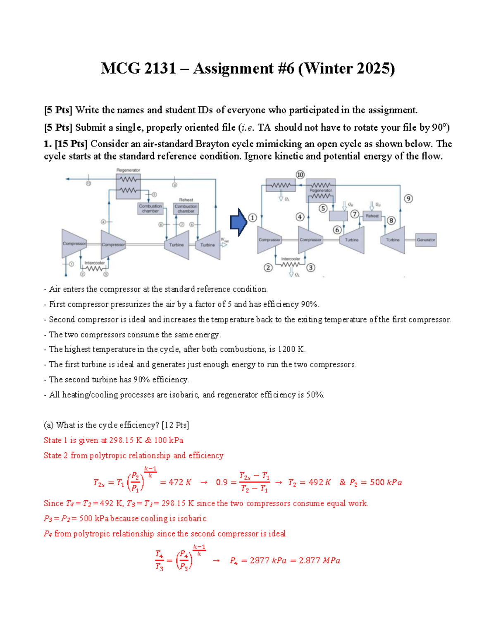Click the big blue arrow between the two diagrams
tap(238, 222)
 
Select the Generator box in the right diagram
tap(426, 240)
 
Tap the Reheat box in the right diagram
tap(372, 216)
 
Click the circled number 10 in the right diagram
tap(300, 175)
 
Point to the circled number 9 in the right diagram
tap(408, 198)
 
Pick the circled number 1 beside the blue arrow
tap(253, 218)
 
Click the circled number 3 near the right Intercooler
tap(310, 267)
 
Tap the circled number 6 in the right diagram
tap(337, 230)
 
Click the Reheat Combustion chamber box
tap(186, 208)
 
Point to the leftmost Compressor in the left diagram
tap(74, 243)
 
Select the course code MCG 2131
tap(138, 68)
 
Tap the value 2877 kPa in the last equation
tap(268, 561)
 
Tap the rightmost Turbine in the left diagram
tap(208, 245)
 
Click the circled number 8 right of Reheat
tap(391, 220)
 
